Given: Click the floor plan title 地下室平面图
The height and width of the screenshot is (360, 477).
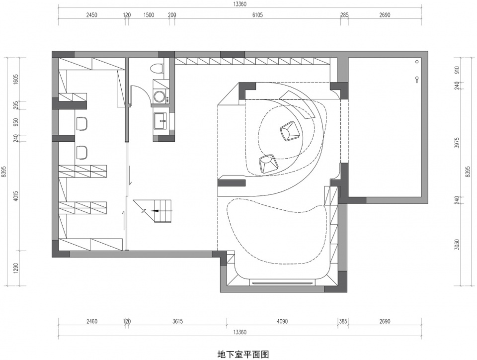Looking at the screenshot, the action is [x=243, y=354].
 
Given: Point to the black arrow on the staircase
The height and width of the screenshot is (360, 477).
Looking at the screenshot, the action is [x=155, y=211].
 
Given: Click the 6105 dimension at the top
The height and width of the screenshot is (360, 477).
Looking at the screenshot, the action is [x=257, y=15].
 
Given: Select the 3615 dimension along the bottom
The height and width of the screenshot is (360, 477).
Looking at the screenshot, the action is [x=177, y=321].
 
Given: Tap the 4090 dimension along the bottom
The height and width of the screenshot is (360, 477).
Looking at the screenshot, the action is [x=282, y=321].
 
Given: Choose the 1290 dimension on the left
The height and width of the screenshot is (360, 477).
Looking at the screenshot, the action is [x=16, y=268].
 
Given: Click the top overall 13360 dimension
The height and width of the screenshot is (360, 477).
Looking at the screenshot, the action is [x=239, y=4].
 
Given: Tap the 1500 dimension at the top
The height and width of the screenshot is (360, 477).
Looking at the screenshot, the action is [x=149, y=15].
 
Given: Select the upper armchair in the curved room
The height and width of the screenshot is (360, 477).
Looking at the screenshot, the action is [x=289, y=130].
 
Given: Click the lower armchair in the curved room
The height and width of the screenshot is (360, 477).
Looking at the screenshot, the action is [x=268, y=164].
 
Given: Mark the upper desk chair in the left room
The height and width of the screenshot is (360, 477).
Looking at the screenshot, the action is [x=82, y=124].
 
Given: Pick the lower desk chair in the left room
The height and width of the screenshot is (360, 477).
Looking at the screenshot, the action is [x=82, y=152].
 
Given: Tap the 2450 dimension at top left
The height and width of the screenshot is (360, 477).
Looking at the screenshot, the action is [x=91, y=15].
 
